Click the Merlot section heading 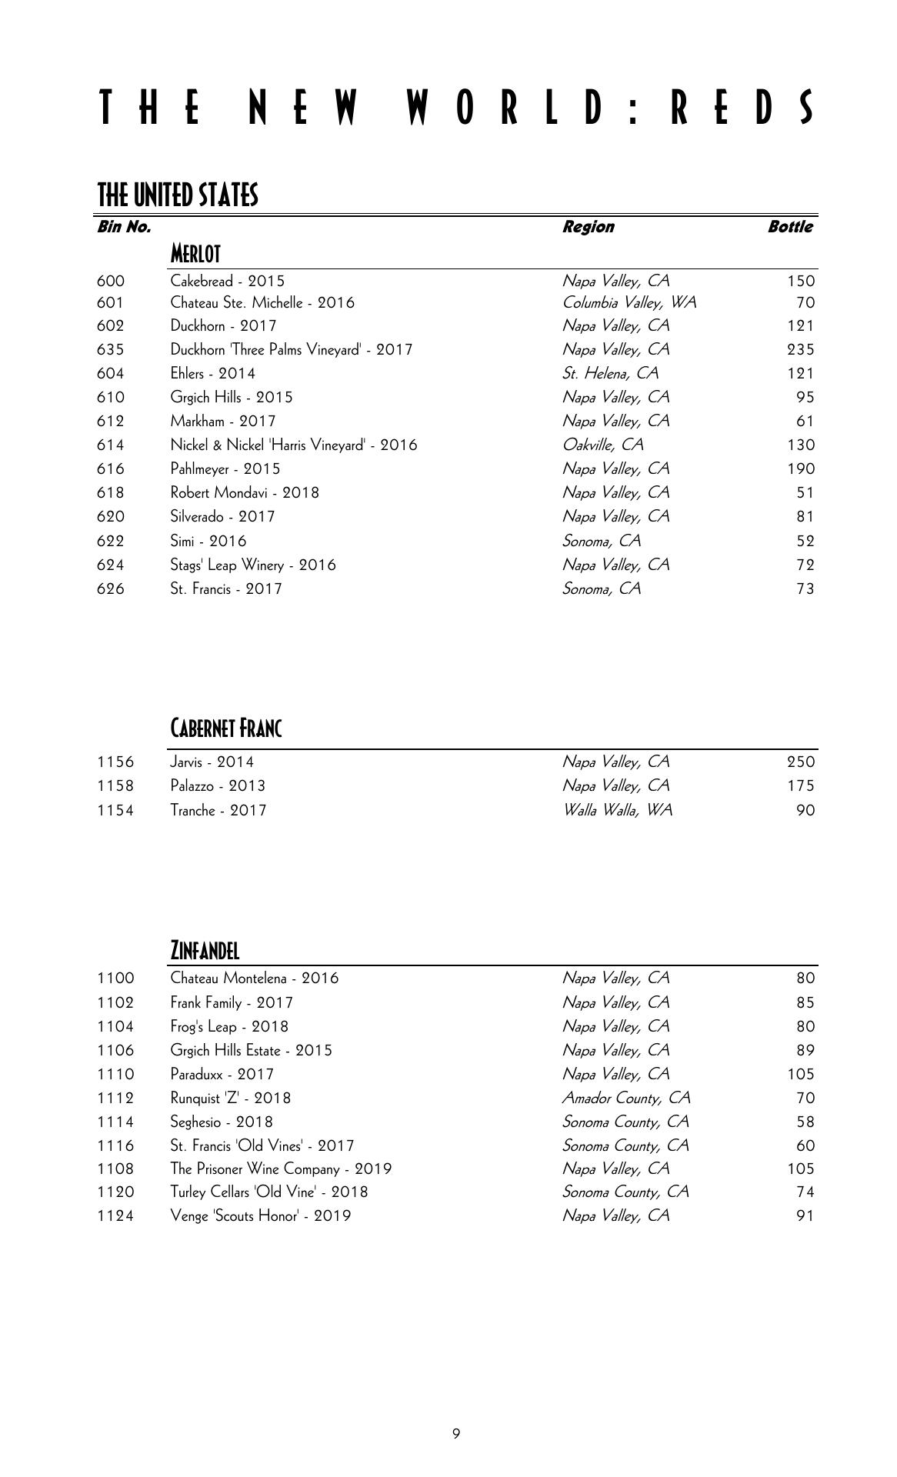point(195,254)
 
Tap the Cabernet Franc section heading point(226,728)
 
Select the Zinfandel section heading point(205,951)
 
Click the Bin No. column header point(124,227)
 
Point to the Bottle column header point(790,227)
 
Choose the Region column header point(589,227)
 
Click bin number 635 point(111,350)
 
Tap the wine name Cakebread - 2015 point(227,281)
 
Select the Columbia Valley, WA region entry point(629,303)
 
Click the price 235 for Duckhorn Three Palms point(801,350)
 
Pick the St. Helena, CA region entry point(610,374)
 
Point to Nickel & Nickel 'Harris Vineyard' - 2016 point(294,445)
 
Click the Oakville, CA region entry point(603,445)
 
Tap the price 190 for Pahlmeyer point(801,469)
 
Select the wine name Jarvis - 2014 point(212,762)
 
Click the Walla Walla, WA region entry point(618,810)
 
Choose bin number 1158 point(115,786)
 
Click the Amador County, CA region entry point(626,1099)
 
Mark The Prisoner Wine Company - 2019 point(281,1169)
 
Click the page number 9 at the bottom point(456,1433)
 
